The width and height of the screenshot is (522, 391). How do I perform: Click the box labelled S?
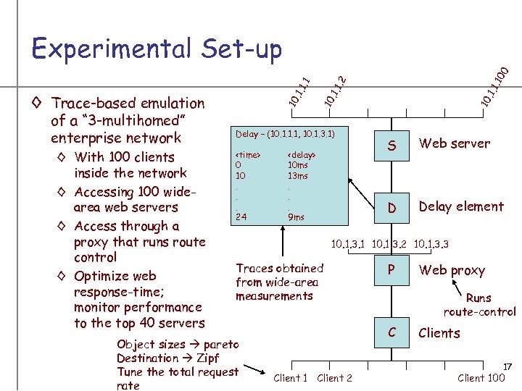click(391, 146)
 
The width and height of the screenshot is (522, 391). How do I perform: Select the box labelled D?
click(391, 209)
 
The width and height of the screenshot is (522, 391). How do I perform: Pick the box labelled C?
click(391, 332)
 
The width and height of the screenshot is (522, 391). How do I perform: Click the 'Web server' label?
click(454, 143)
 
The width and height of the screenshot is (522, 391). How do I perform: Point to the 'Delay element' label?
click(461, 206)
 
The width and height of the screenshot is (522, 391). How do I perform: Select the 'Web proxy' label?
click(452, 270)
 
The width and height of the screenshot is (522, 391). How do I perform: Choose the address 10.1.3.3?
click(431, 245)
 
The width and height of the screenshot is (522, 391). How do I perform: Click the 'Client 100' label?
click(481, 377)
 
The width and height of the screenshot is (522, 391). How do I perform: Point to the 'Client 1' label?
click(291, 377)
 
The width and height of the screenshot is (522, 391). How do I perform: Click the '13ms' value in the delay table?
click(297, 176)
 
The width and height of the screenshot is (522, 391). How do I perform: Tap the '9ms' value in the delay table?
click(296, 216)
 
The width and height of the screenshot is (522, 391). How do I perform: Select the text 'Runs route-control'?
click(480, 305)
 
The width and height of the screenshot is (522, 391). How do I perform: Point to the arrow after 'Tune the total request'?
click(251, 371)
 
